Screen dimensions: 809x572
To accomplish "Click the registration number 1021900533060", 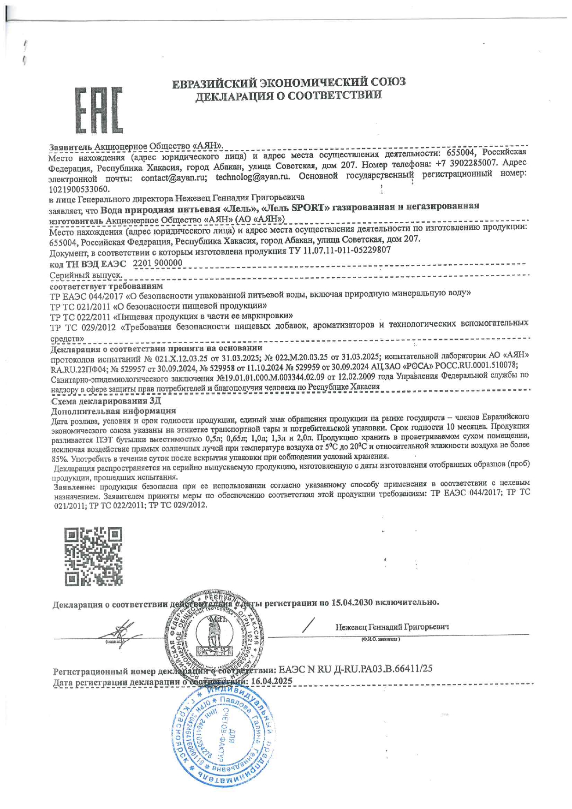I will [x=79, y=189].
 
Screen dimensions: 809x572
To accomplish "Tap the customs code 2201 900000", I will [x=157, y=263].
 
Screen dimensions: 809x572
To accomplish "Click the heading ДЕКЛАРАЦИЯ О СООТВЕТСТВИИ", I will [x=288, y=96].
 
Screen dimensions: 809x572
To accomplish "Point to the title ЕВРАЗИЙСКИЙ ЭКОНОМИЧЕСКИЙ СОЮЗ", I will [x=289, y=83].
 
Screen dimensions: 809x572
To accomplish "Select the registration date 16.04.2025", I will [x=271, y=681].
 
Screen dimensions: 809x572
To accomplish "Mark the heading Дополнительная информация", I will [x=113, y=410].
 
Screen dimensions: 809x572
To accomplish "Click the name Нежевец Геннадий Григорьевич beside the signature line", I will [x=392, y=627].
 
